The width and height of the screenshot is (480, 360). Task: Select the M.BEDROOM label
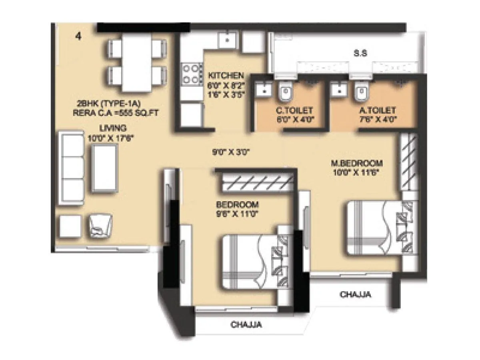[357, 163]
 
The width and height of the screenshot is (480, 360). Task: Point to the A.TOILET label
[377, 110]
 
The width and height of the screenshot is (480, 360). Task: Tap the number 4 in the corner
[78, 36]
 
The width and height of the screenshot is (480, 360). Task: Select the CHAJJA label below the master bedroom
[355, 295]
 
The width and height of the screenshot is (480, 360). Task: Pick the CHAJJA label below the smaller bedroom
[246, 325]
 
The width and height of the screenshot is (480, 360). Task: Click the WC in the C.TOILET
[286, 92]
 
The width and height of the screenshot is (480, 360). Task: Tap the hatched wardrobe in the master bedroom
[409, 162]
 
